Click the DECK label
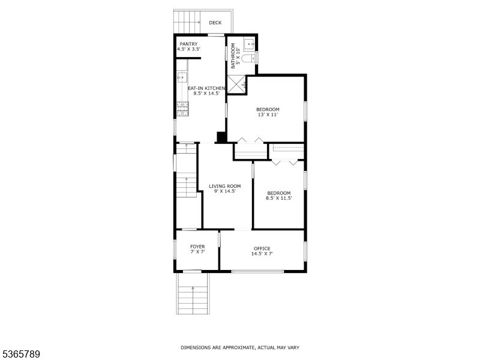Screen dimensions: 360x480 (215, 23)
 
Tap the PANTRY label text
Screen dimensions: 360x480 (188, 44)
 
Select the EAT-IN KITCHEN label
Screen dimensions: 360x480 (206, 89)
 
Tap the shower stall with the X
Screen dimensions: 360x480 (236, 84)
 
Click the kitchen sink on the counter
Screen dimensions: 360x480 (181, 79)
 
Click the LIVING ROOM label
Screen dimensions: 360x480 (225, 186)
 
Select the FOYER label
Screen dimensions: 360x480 (197, 247)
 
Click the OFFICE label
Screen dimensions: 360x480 (262, 248)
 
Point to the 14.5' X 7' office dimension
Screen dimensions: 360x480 (262, 254)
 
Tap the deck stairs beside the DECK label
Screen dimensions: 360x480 (187, 23)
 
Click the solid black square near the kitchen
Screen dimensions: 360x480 (221, 137)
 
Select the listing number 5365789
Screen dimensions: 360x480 (20, 354)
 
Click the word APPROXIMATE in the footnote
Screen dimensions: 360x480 (232, 347)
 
